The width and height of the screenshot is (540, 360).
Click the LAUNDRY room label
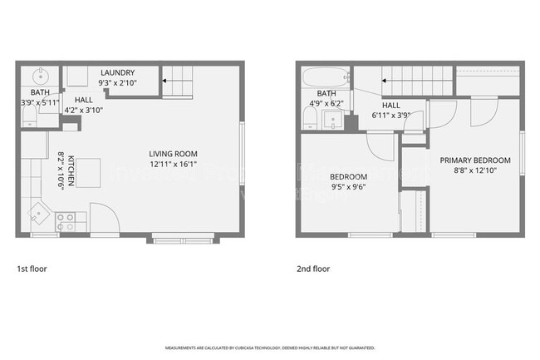pyautogui.click(x=117, y=72)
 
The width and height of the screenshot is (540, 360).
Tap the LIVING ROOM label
pyautogui.click(x=173, y=153)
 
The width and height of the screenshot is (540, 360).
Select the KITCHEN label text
pyautogui.click(x=72, y=170)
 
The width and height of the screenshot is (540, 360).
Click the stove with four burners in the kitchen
pyautogui.click(x=65, y=222)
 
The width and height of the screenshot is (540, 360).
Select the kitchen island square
pyautogui.click(x=90, y=172)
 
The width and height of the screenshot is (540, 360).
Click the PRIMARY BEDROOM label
pyautogui.click(x=475, y=160)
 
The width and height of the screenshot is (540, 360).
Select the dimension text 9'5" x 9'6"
pyautogui.click(x=349, y=187)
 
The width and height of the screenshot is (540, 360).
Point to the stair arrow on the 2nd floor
pyautogui.click(x=386, y=81)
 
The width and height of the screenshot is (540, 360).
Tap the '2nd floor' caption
pyautogui.click(x=313, y=269)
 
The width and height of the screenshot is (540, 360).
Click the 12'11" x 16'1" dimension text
pyautogui.click(x=173, y=164)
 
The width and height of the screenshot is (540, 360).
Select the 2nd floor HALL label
pyautogui.click(x=390, y=106)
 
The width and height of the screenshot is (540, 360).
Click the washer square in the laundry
pyautogui.click(x=77, y=77)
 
